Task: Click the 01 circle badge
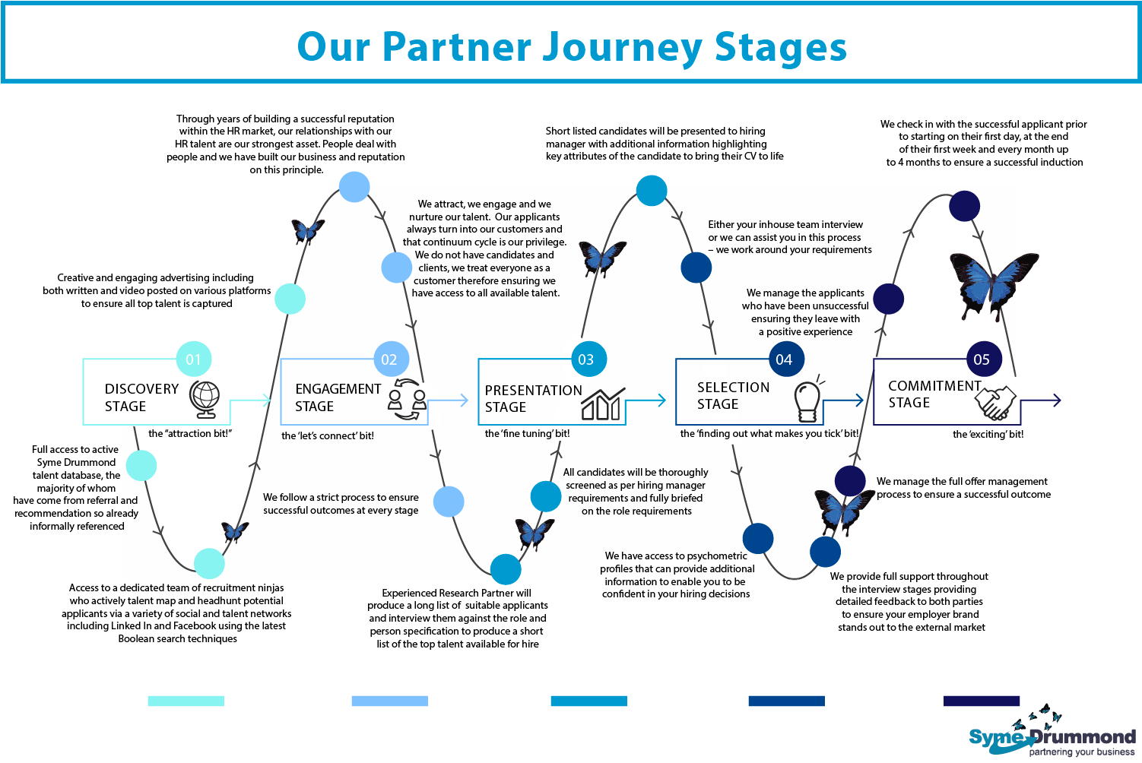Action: point(194,359)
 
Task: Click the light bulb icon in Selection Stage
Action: point(807,399)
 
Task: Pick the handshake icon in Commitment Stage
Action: point(996,403)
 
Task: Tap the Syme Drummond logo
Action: point(1052,736)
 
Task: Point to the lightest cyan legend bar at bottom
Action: point(186,701)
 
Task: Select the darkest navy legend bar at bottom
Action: point(981,701)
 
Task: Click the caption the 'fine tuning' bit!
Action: point(527,434)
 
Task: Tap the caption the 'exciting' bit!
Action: point(988,435)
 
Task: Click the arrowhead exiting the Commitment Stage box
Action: point(1055,400)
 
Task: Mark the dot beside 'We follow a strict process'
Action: point(449,502)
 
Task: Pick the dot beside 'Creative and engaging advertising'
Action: point(290,299)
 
